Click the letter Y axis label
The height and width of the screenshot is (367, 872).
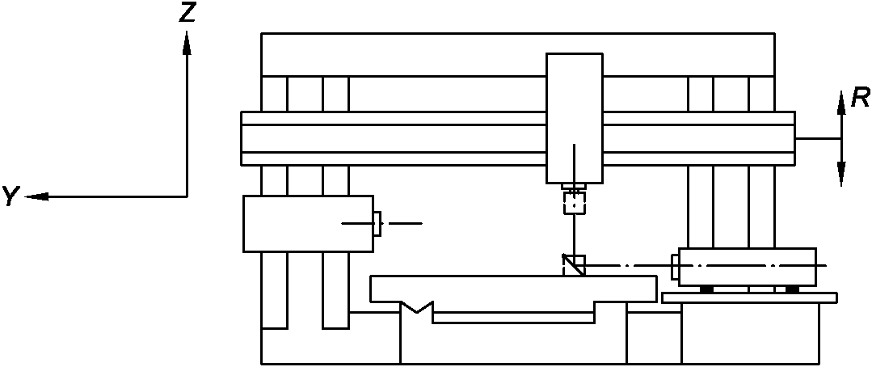pos(11,196)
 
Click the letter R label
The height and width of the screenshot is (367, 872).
pos(859,99)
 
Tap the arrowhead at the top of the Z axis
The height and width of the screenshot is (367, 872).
pos(187,42)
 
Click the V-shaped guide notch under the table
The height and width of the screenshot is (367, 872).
pos(418,307)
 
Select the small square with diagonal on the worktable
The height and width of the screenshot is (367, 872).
pos(573,265)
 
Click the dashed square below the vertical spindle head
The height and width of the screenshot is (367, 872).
pos(573,202)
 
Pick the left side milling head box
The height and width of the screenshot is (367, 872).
pos(308,223)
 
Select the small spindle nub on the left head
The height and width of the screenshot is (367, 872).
pos(377,223)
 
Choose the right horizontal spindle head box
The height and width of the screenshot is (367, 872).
pos(747,266)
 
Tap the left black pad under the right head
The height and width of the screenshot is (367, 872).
pos(706,289)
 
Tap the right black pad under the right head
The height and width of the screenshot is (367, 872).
pos(792,289)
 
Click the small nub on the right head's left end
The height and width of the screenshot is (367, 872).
pos(675,264)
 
